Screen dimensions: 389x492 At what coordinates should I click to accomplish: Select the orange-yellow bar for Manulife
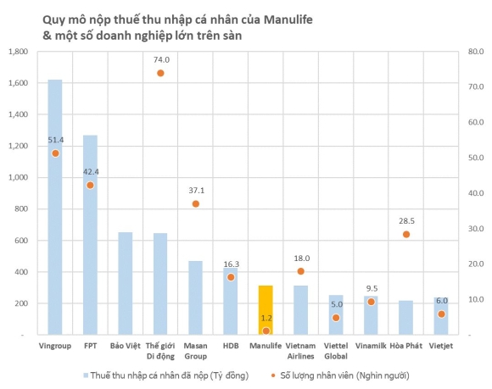[266, 310]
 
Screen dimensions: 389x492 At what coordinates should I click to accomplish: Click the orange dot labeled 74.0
[160, 73]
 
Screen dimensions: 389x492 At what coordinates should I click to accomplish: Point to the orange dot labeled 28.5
[405, 234]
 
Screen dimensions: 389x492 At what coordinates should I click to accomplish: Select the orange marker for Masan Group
[196, 203]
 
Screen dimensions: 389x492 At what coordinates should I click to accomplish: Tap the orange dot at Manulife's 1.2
[266, 331]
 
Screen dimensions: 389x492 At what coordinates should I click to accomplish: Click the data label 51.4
[55, 140]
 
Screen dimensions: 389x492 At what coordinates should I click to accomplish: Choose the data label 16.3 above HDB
[231, 264]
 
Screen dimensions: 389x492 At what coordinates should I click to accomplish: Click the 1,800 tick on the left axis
[18, 52]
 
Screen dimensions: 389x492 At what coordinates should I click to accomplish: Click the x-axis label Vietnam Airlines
[300, 351]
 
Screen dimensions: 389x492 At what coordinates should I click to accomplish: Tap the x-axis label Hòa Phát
[405, 346]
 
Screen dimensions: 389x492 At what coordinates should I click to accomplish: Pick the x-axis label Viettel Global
[335, 351]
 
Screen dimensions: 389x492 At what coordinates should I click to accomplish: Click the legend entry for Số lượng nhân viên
[345, 374]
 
